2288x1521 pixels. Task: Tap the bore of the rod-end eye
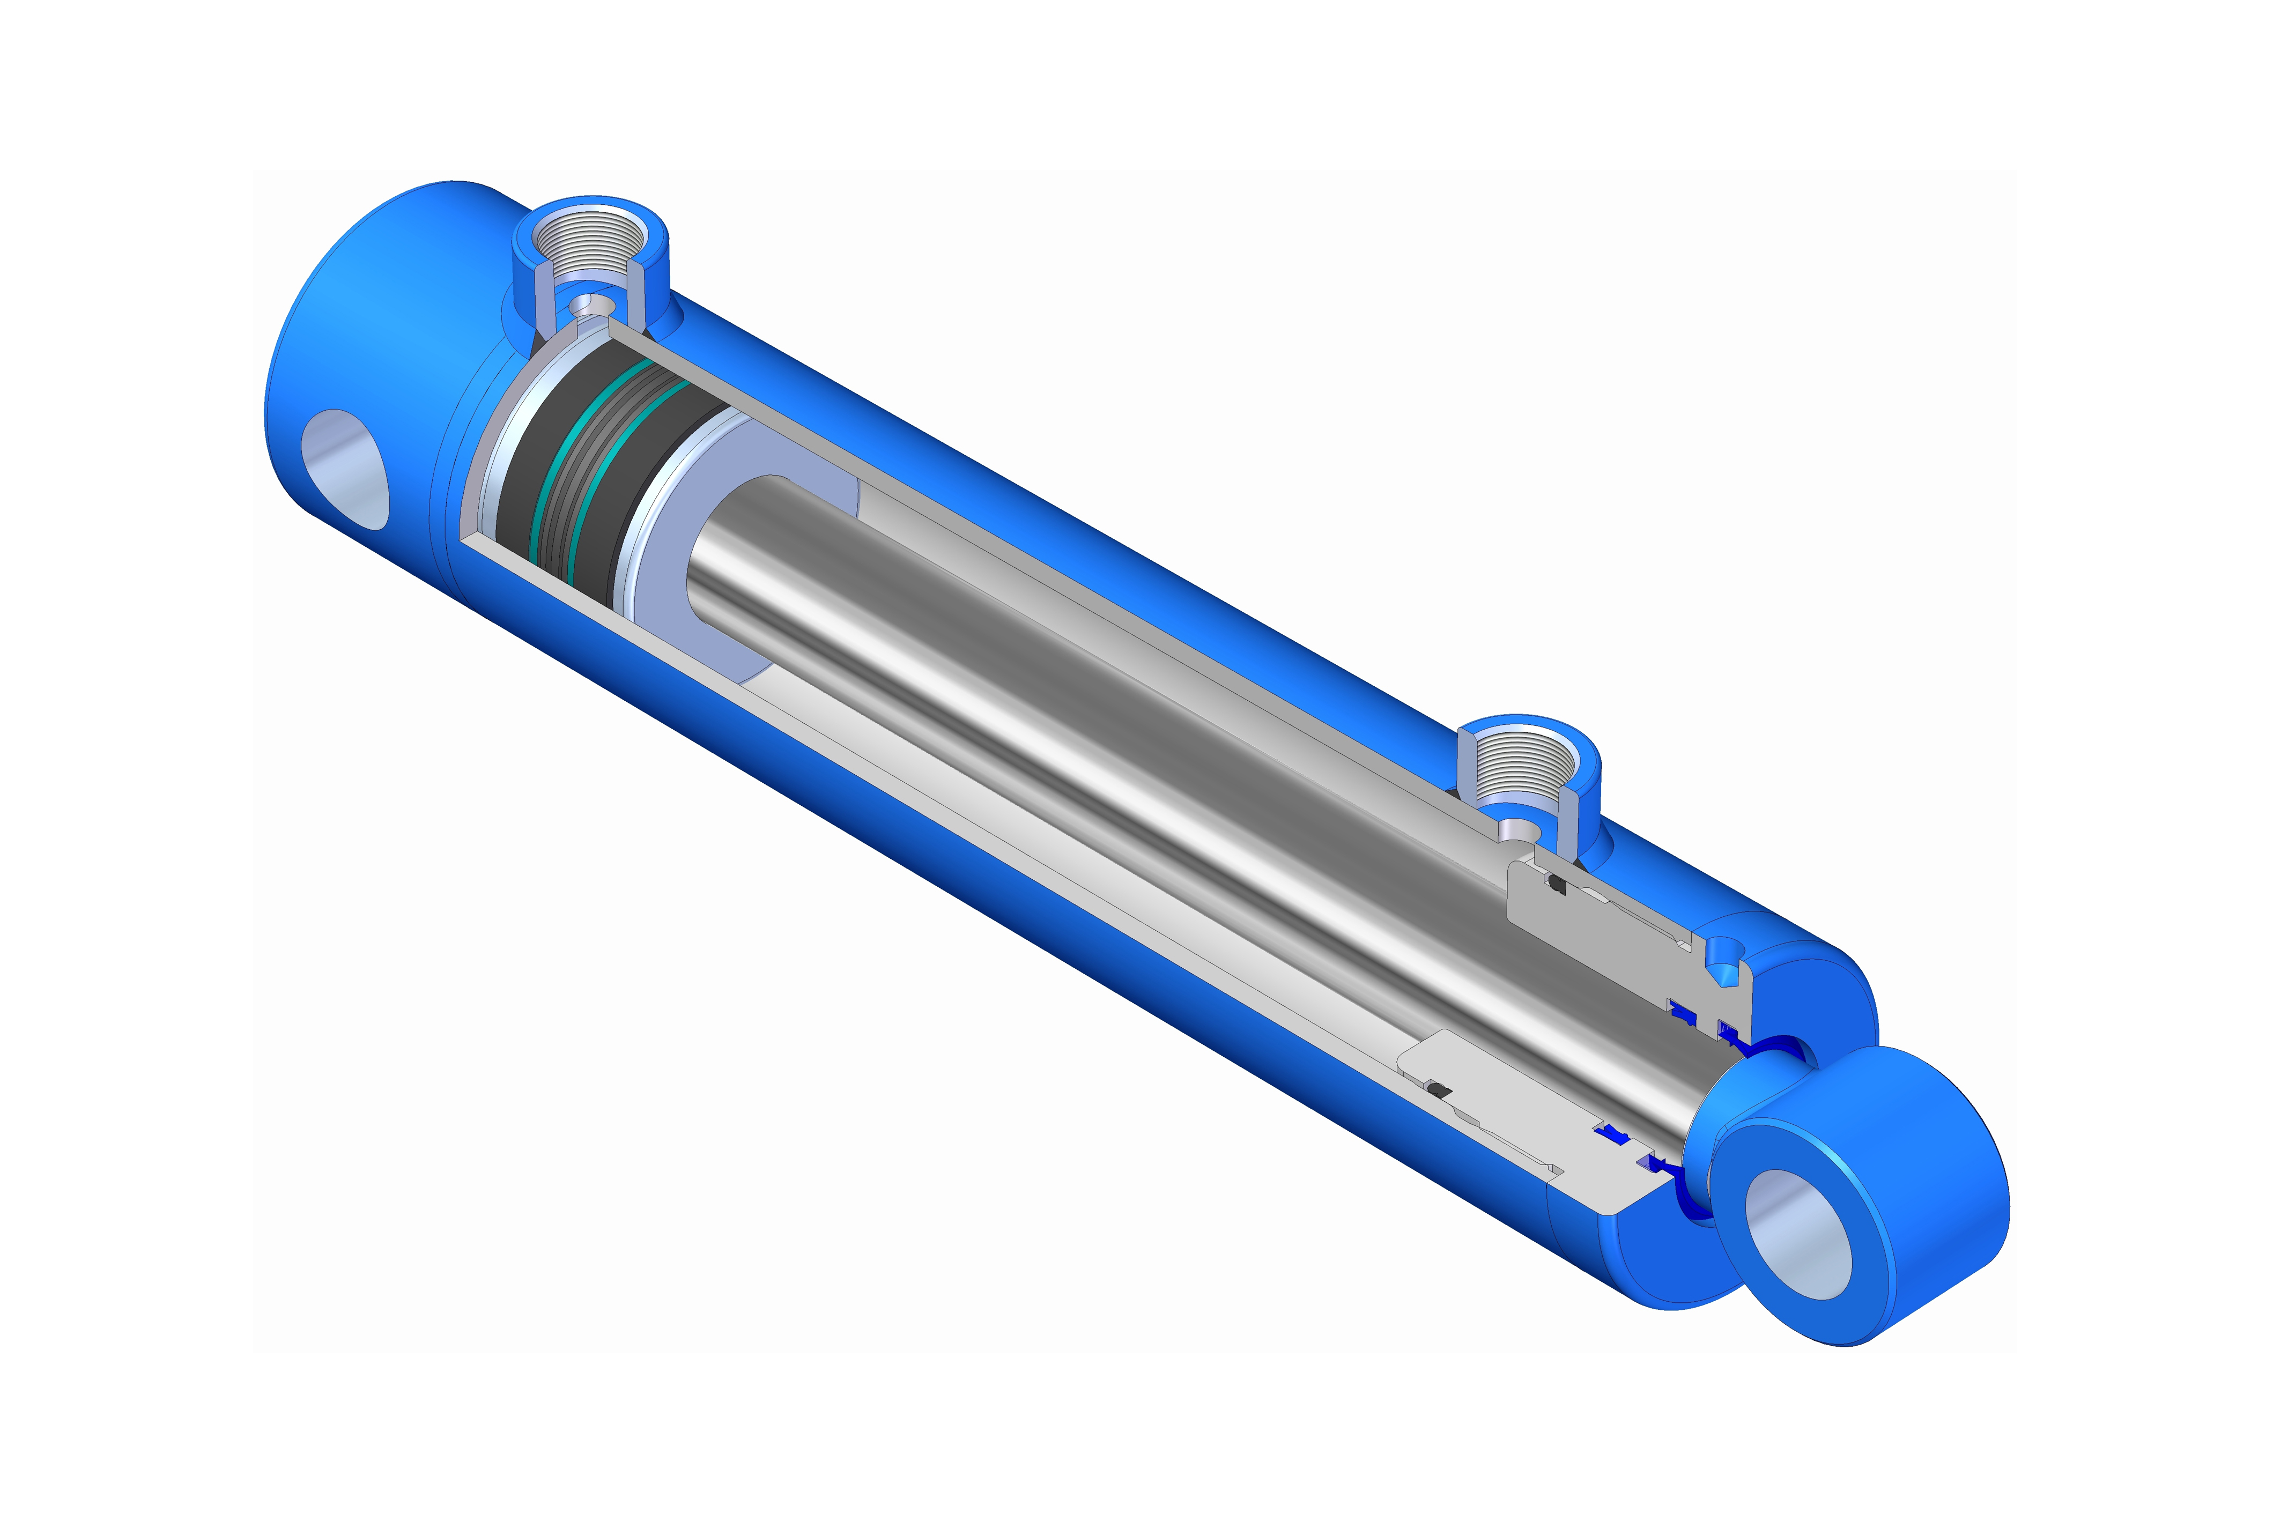(1797, 1233)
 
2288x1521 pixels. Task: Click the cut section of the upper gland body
(1610, 931)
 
